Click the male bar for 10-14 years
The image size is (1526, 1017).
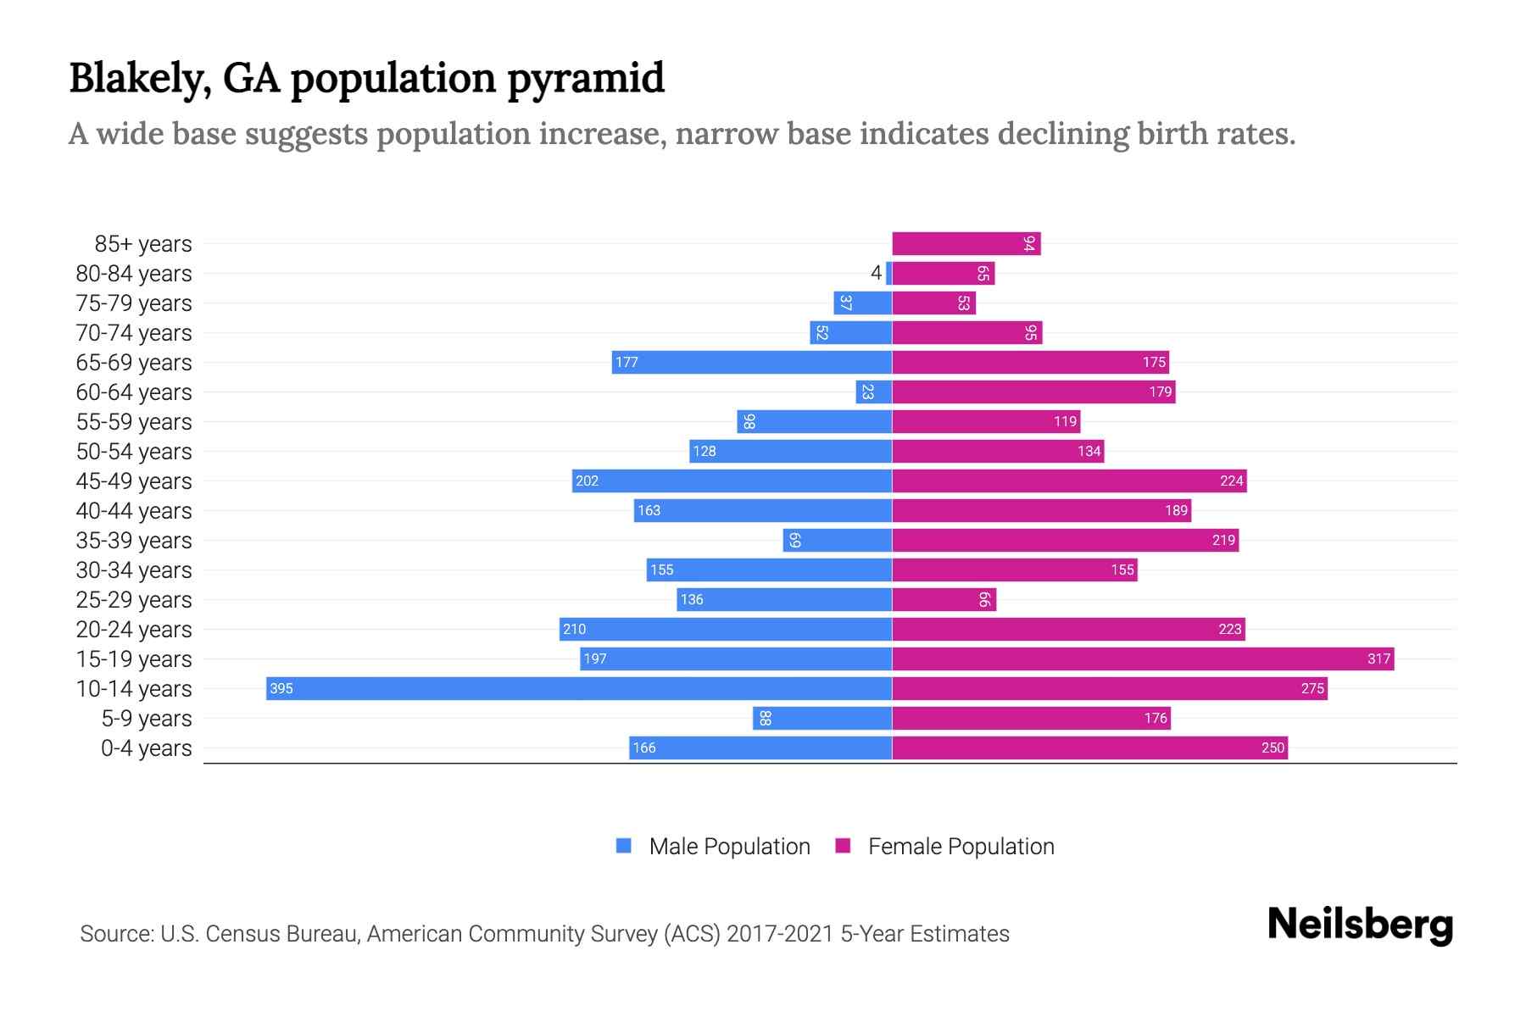click(578, 688)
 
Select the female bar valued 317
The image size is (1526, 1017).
click(1142, 659)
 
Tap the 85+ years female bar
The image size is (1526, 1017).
click(966, 243)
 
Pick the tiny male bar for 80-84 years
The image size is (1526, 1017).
click(888, 273)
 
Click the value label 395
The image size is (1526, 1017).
click(281, 688)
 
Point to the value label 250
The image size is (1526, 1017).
click(1273, 747)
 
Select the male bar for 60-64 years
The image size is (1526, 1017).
click(874, 392)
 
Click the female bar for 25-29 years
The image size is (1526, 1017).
click(944, 599)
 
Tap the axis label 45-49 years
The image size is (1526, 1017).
click(134, 481)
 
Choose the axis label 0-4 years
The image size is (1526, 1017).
click(146, 747)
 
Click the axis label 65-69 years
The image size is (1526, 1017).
click(134, 362)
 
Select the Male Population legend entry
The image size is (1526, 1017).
click(728, 846)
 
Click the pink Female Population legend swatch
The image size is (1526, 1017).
click(843, 846)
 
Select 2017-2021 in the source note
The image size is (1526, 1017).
click(779, 933)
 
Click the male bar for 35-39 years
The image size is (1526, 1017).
click(837, 540)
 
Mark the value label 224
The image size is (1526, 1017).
click(1231, 481)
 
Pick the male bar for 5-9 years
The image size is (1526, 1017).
click(821, 718)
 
